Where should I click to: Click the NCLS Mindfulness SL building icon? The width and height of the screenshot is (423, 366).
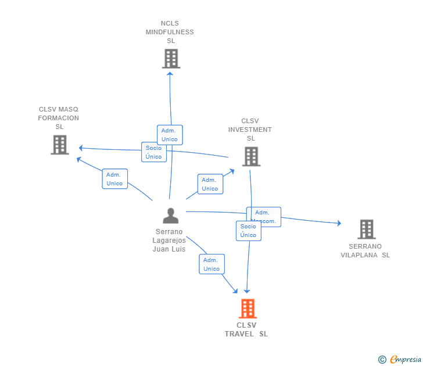coord(171,59)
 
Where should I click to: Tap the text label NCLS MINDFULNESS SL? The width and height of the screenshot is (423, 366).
coord(170,32)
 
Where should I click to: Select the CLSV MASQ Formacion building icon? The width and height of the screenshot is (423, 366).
coord(60,145)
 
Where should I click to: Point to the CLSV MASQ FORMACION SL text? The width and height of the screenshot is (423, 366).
coord(59,118)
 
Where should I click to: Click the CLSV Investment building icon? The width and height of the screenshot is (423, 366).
coord(251,156)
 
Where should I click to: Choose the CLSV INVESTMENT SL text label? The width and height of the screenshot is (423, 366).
coord(250,130)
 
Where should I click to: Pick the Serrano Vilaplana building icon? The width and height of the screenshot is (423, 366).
coord(366,229)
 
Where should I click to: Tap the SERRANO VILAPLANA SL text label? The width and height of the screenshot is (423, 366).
coord(365,250)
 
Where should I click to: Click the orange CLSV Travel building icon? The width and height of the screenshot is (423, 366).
coord(248,308)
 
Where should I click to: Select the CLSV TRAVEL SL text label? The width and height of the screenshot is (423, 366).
coord(246,329)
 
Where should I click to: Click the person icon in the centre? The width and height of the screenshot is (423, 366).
coord(170,216)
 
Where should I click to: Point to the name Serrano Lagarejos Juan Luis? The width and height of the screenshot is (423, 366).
coord(169,240)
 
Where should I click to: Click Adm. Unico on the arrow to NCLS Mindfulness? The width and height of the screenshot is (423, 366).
coord(170,135)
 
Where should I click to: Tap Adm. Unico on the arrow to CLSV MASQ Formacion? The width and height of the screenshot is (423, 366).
coord(114,179)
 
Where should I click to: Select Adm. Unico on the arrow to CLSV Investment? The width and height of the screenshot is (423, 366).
coord(210,184)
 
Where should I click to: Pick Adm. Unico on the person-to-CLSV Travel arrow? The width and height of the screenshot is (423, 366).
coord(212,264)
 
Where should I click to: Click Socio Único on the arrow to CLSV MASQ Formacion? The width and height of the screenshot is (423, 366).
coord(154,152)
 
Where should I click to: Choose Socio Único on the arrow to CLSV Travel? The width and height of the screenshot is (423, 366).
coord(248,231)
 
